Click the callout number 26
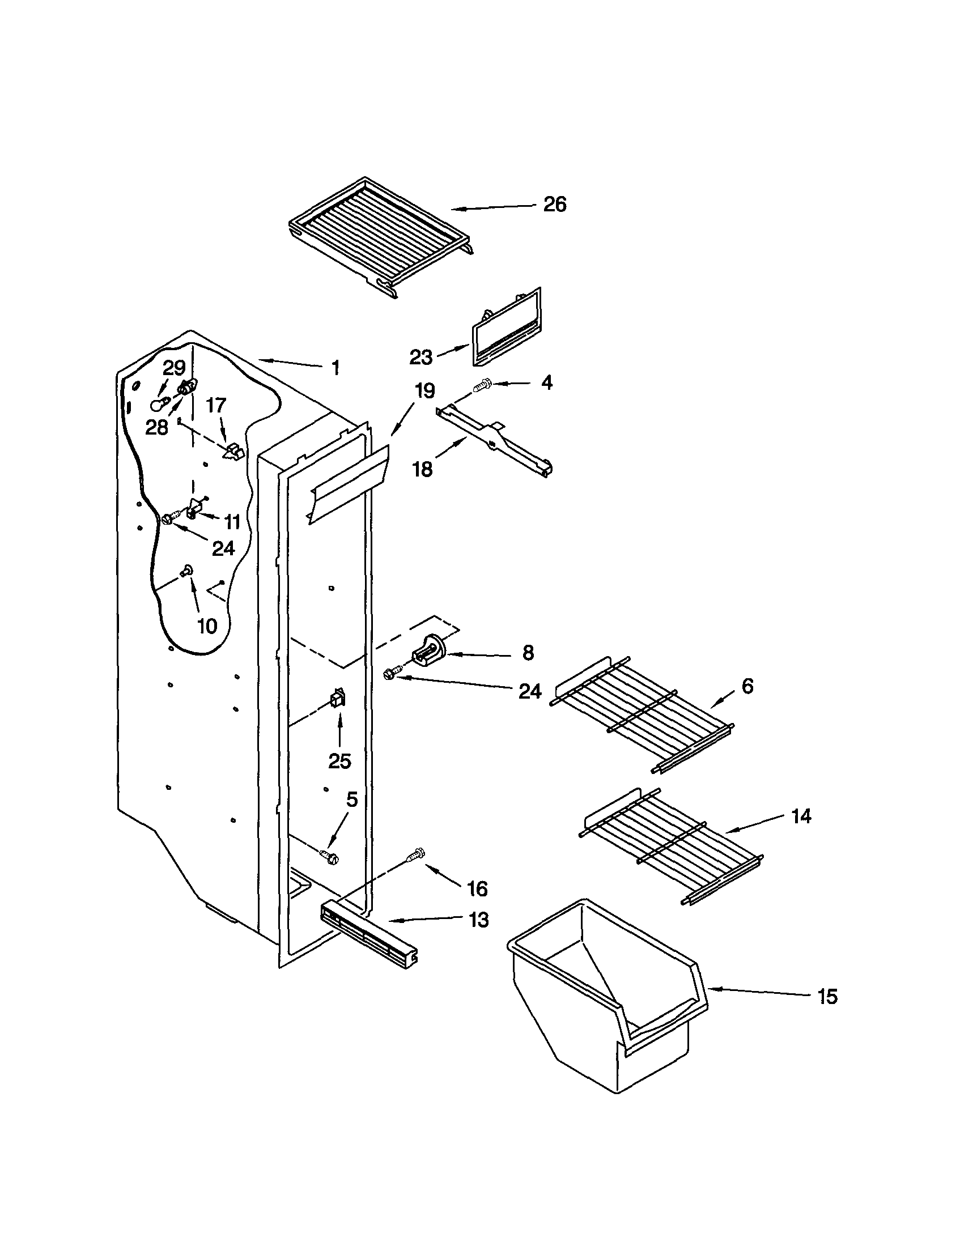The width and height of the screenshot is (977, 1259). click(x=554, y=205)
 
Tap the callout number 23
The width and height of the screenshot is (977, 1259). click(x=420, y=358)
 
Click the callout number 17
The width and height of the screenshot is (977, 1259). click(x=216, y=406)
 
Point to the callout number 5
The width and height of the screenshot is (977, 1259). click(x=351, y=799)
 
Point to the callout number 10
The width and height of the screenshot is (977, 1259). click(x=207, y=626)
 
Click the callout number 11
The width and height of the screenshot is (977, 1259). click(x=232, y=522)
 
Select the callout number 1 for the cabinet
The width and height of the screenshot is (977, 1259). click(x=335, y=368)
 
